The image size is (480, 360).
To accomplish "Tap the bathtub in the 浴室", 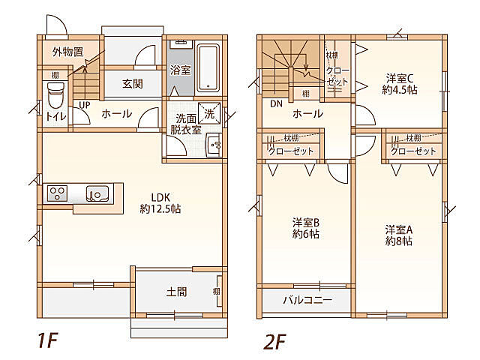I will [x=208, y=68].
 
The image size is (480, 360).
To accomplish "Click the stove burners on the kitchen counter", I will [x=58, y=193].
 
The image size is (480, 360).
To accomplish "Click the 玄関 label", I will [x=133, y=84].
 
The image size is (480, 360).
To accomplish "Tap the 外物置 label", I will [x=67, y=52].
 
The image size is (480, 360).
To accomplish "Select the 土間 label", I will [x=176, y=291].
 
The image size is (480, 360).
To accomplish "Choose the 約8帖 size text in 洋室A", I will [x=400, y=241].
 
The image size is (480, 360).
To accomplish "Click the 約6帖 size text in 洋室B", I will [x=305, y=234].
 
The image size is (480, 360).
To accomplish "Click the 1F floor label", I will [x=46, y=340].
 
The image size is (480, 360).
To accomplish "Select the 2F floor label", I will [x=274, y=340].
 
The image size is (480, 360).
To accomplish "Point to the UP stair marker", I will [x=85, y=104].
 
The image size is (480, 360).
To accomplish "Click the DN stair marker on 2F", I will [x=275, y=103].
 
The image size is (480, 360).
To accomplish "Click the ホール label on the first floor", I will [x=116, y=114].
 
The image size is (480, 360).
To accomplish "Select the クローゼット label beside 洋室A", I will [x=413, y=151].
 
